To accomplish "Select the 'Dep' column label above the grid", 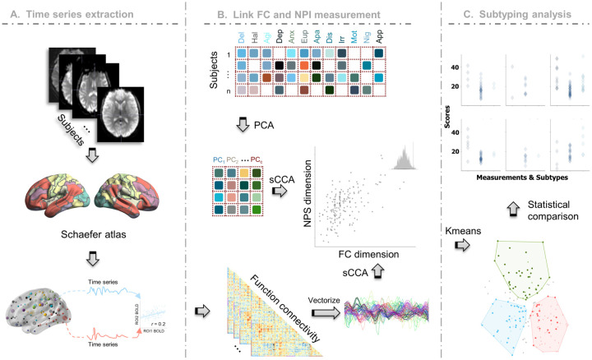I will (x=280, y=38).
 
